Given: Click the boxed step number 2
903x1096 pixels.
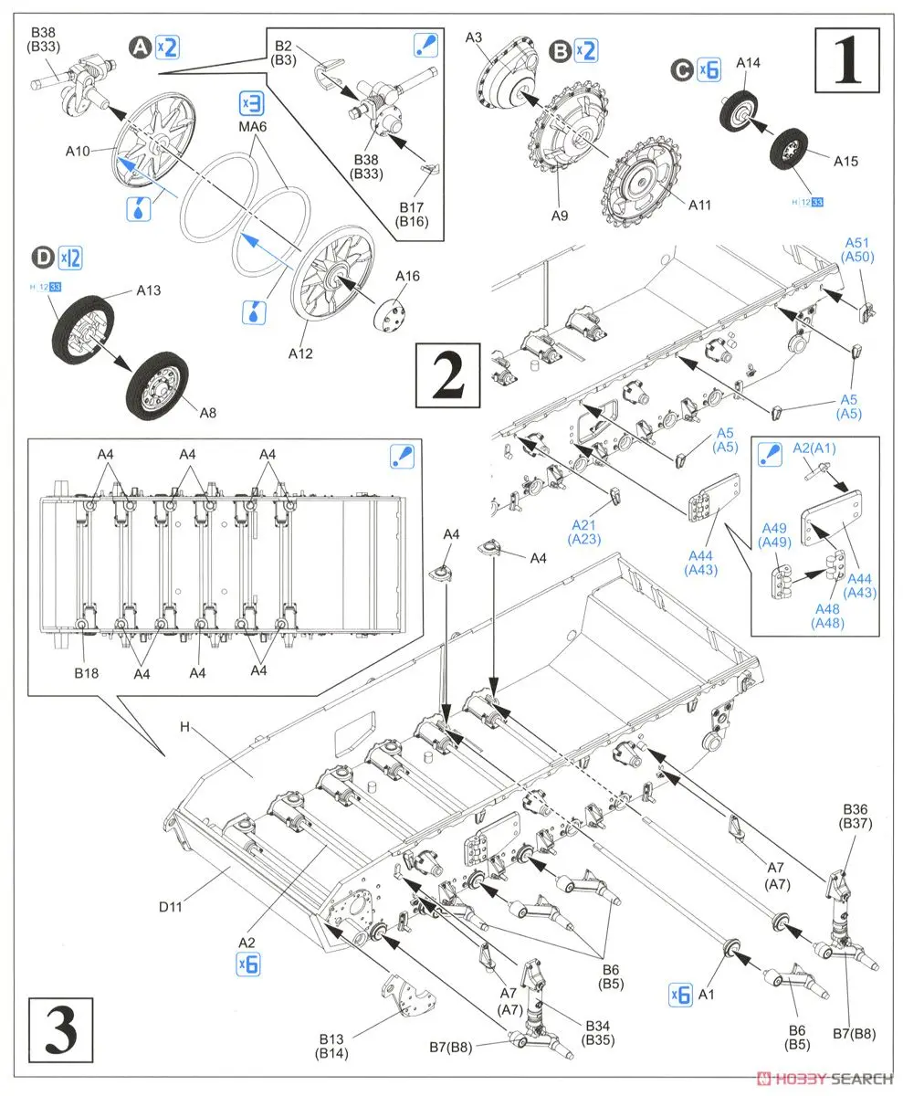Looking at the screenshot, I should (447, 376).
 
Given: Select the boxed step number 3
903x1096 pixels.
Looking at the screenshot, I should (62, 1030).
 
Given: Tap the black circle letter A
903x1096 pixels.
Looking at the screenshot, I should (141, 47).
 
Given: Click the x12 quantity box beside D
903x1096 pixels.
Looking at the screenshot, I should (70, 258).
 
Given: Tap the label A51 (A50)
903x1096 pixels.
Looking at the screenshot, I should (858, 250).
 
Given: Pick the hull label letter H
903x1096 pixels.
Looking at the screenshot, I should (185, 727).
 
